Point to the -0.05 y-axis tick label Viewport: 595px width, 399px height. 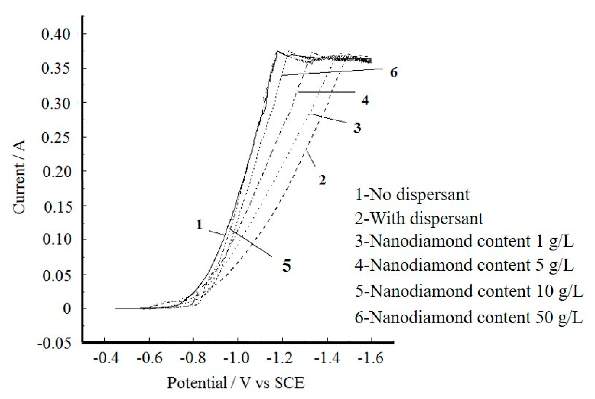[x=54, y=343]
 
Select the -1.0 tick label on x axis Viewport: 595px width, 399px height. [x=236, y=358]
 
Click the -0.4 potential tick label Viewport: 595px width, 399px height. [x=106, y=358]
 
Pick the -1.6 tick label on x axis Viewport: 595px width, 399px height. [x=370, y=358]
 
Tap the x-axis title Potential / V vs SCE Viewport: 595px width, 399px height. [x=236, y=383]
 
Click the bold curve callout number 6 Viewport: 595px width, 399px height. [x=393, y=73]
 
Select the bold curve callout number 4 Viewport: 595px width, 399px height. [x=365, y=100]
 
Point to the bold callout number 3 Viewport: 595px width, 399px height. [x=357, y=128]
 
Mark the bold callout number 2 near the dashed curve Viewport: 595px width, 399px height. [x=323, y=180]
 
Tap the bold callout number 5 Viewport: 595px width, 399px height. [x=287, y=266]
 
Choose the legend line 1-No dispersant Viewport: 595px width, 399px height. [x=412, y=194]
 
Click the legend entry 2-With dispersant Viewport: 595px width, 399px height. [x=419, y=218]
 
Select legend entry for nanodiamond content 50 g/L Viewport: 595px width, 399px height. [x=468, y=318]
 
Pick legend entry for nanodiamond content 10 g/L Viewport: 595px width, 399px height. [x=468, y=291]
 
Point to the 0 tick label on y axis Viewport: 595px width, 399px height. [x=67, y=309]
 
